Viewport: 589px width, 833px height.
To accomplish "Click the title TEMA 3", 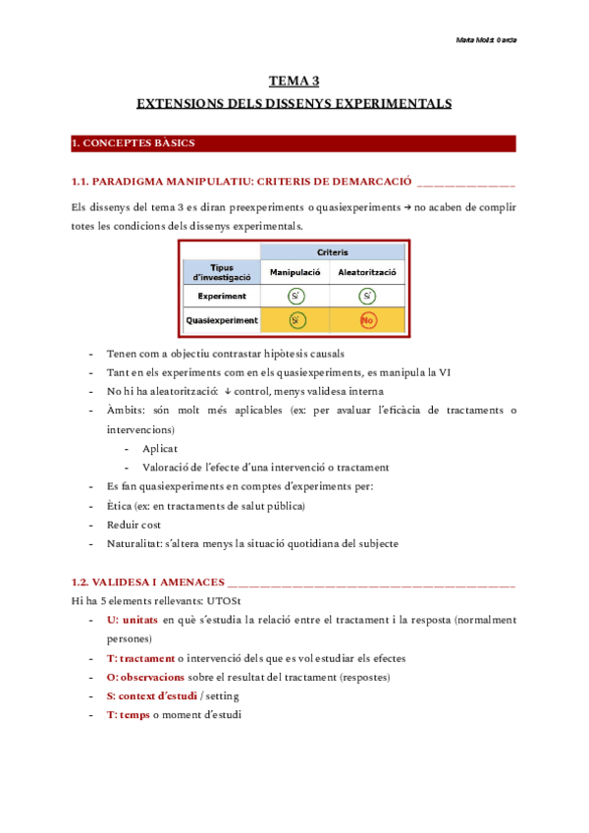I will (x=294, y=82).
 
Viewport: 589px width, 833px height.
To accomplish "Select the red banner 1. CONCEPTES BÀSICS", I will (x=134, y=143).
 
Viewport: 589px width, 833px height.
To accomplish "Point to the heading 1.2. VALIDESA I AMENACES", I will (x=148, y=582).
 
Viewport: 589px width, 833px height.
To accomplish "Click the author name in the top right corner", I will (x=487, y=40).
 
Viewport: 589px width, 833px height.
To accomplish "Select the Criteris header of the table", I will (x=332, y=252).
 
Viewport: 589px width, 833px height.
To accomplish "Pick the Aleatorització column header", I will (x=366, y=271).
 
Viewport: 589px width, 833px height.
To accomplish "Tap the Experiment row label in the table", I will (x=222, y=296).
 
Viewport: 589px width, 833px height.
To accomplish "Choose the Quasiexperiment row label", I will (x=222, y=320).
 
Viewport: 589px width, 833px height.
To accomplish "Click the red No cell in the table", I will (x=367, y=320).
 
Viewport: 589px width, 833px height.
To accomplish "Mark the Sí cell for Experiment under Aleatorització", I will (x=367, y=296).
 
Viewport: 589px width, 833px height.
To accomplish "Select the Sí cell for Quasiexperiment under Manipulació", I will (x=294, y=320).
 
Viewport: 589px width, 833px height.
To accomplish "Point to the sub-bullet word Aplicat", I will (x=160, y=448).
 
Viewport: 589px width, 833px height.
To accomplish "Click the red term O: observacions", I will (x=145, y=677).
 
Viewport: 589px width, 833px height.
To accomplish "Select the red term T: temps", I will (x=128, y=715).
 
